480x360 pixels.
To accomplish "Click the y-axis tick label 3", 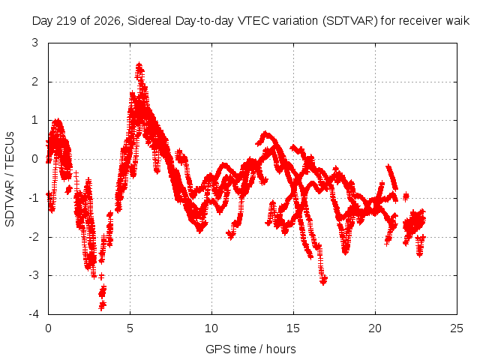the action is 35,43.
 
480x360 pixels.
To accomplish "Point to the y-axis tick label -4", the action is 33,314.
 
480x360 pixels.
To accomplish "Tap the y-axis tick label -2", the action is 33,237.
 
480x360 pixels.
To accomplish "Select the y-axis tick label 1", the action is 35,120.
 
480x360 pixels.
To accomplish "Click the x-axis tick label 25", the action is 457,328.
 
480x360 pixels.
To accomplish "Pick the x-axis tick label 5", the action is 130,328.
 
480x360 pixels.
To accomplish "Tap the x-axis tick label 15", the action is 293,328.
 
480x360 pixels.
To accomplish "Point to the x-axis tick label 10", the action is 211,328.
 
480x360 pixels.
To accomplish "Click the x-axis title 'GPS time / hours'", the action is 250,349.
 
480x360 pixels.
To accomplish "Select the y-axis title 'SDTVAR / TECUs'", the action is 10,179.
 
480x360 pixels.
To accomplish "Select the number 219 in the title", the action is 68,21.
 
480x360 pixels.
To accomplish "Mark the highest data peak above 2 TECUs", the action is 139,65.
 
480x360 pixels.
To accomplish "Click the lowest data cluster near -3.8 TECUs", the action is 102,305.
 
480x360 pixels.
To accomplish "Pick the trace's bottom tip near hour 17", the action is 323,281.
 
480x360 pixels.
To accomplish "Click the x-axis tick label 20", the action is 375,328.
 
